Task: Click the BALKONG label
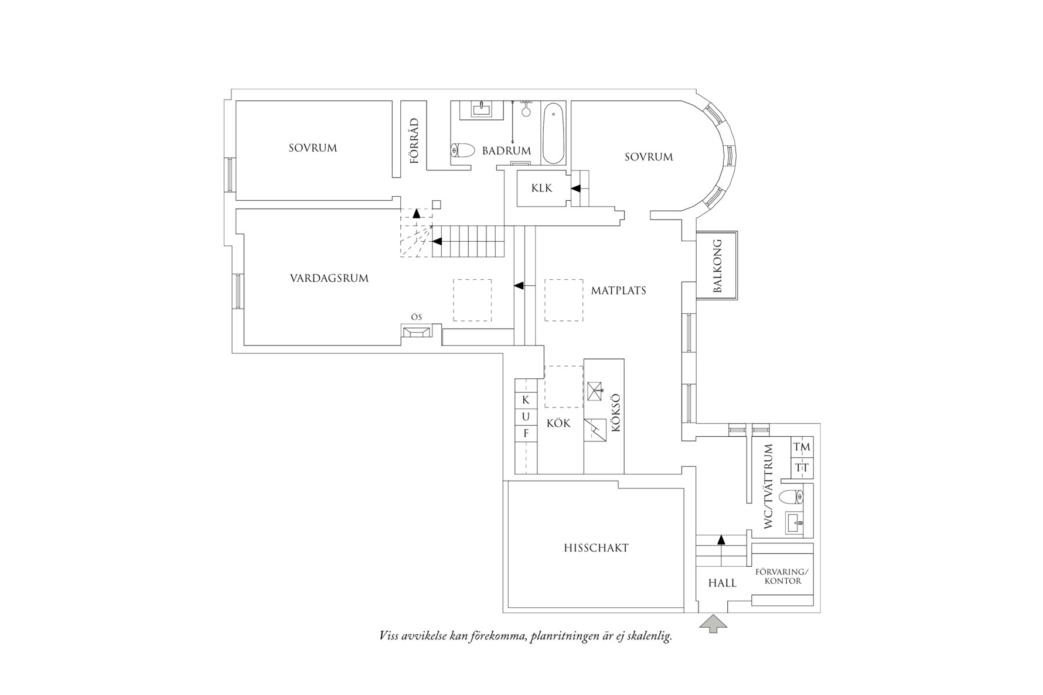(x=717, y=266)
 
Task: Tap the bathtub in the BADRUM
(x=553, y=134)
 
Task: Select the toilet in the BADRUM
(x=463, y=150)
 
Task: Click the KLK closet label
(x=541, y=189)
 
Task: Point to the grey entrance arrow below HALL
(x=713, y=623)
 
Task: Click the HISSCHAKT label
(x=596, y=549)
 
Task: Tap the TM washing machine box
(x=802, y=447)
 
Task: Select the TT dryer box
(x=802, y=468)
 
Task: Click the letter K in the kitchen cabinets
(x=526, y=400)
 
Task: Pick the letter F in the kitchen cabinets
(x=526, y=434)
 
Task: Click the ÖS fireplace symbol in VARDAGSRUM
(x=417, y=332)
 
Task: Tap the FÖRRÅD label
(x=414, y=141)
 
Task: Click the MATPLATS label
(x=618, y=290)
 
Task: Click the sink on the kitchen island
(x=594, y=391)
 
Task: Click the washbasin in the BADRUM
(x=480, y=109)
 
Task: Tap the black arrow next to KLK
(x=575, y=189)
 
